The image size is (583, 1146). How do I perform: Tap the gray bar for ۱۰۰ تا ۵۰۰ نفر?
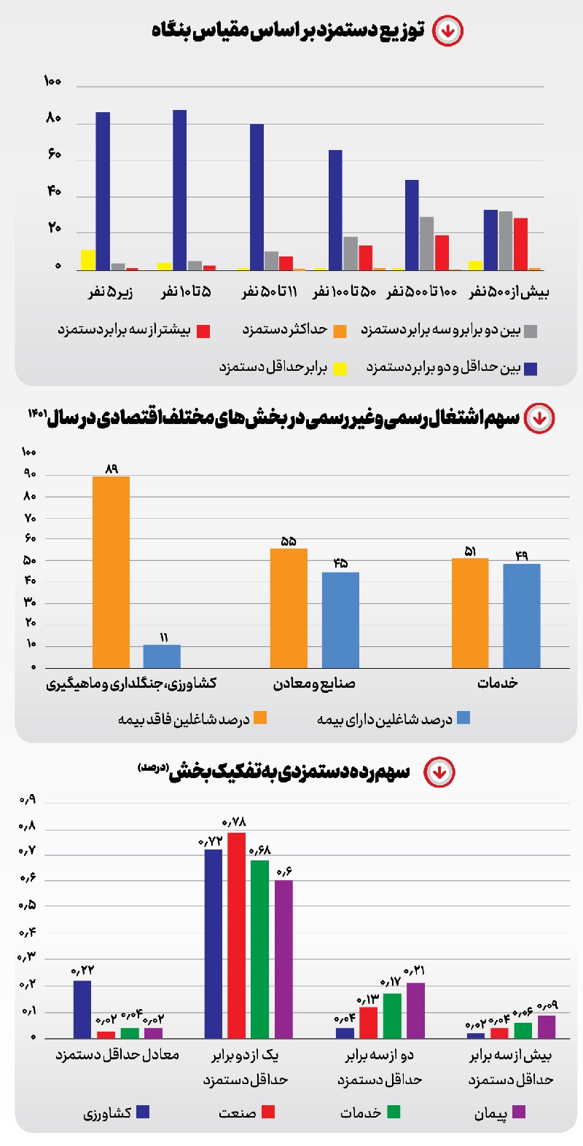pos(426,243)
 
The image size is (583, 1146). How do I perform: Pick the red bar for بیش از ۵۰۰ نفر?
pos(520,244)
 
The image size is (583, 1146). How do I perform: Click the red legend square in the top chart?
pos(203,331)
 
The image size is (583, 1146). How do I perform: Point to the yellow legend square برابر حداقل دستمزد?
pos(340,369)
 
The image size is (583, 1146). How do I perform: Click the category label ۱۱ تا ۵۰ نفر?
pos(270,292)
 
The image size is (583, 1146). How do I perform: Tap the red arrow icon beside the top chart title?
pos(447,31)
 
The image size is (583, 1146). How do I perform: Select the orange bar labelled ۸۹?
pos(111,572)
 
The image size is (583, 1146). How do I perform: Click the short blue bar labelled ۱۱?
pos(162,656)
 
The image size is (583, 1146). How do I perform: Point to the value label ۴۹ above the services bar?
pos(521,556)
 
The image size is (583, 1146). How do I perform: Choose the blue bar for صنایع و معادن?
pos(340,620)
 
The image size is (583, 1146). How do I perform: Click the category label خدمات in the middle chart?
pos(498,683)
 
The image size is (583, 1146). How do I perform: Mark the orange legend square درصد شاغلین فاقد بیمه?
pos(259,718)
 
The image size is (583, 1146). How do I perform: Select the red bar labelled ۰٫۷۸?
pos(236,935)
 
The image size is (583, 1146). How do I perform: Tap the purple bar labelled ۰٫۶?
pos(283,959)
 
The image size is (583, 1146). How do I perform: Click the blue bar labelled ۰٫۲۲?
pos(82,1009)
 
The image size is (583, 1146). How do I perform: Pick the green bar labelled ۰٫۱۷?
pos(392,1016)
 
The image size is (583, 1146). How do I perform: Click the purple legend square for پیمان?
pos(519,1112)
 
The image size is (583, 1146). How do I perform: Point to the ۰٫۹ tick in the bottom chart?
pos(27,800)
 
